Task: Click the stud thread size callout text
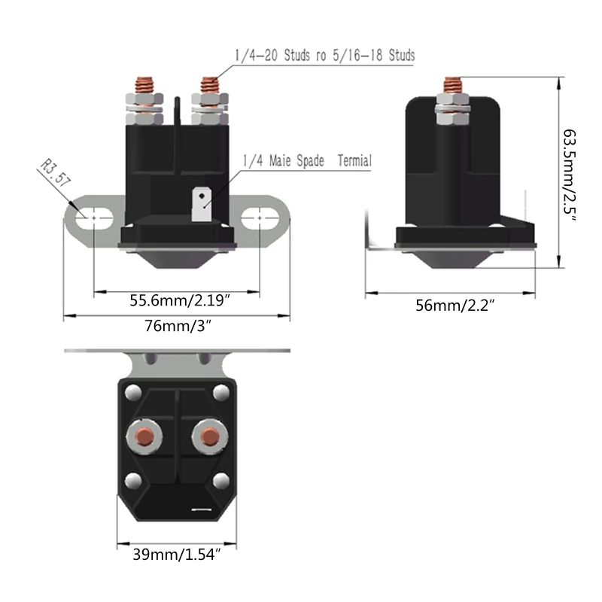tap(325, 56)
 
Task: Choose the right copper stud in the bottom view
tap(208, 436)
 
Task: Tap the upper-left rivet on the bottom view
tap(133, 392)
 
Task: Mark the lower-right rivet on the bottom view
tap(220, 479)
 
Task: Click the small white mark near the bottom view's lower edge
tap(202, 509)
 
